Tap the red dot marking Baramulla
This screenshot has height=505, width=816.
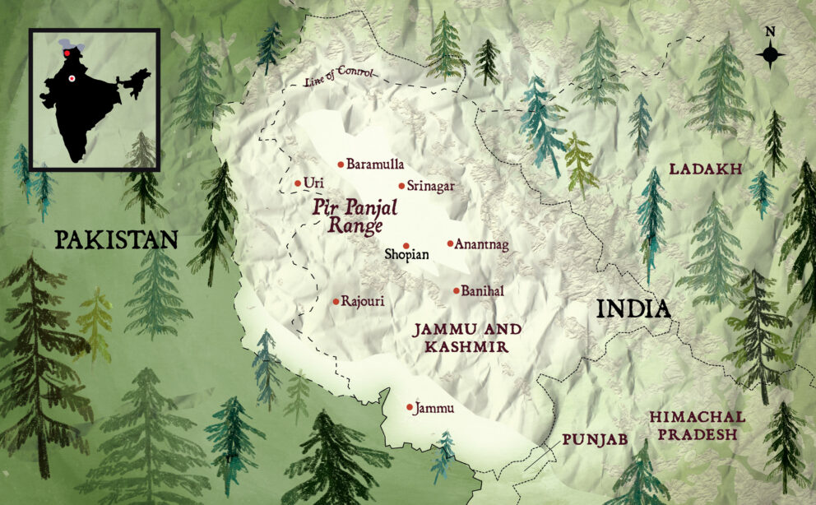coord(341,164)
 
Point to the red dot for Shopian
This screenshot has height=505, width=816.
coord(406,245)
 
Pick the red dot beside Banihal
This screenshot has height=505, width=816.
coord(457,290)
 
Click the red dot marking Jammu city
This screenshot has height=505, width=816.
coord(410,407)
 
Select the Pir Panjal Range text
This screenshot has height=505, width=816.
coord(355,214)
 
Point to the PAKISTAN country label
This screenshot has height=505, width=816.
coord(116,239)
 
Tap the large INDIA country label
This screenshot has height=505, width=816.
coord(633,309)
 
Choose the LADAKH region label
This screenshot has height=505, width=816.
coord(706,169)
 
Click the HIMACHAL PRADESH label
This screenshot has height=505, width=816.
coord(697,425)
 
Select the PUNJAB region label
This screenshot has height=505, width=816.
coord(595,440)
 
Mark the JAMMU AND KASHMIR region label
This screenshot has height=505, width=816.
coord(466,338)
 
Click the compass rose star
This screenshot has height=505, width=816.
coord(770,55)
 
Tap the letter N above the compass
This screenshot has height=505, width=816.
coord(770,32)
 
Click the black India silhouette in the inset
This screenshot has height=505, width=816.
coord(82,107)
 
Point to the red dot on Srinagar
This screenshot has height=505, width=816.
coord(401,186)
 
